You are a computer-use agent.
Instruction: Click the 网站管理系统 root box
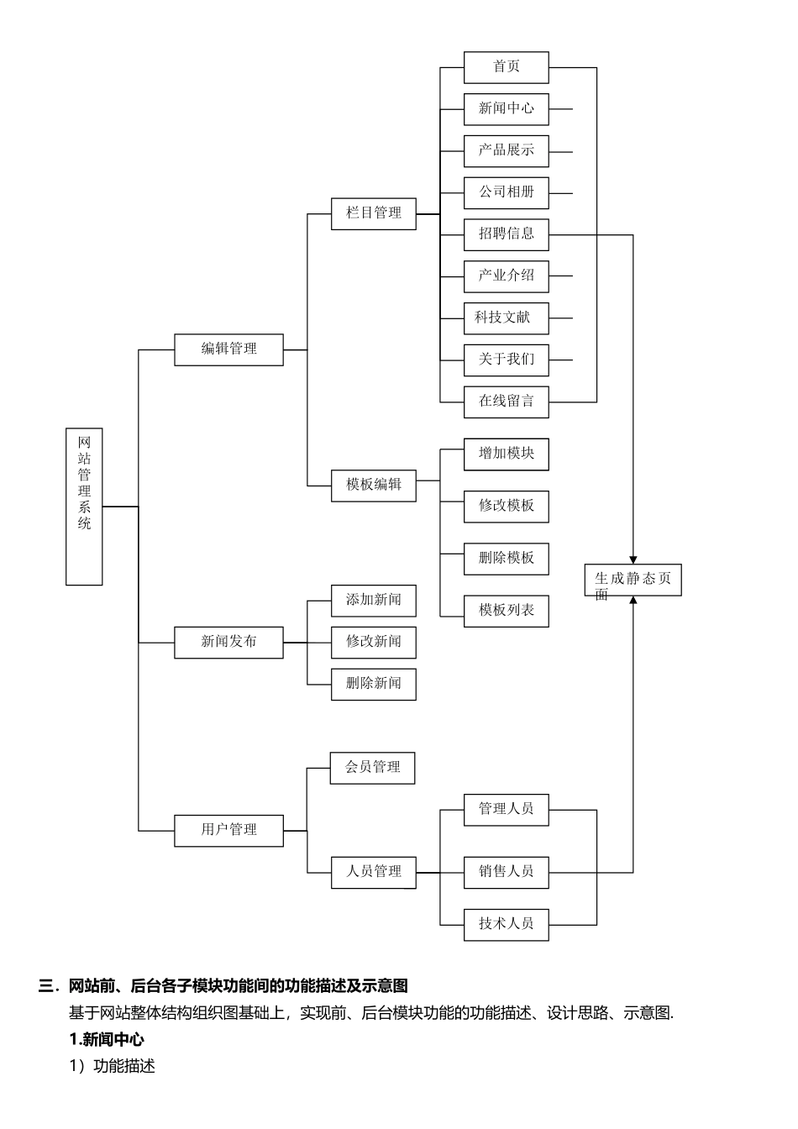coord(84,507)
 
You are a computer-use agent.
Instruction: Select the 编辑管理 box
coord(228,349)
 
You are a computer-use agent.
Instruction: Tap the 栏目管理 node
coord(373,213)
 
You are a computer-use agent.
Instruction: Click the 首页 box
coord(506,67)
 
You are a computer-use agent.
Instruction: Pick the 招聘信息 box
coord(506,234)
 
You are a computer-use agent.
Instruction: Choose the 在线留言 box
coord(506,402)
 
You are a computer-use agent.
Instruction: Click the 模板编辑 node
coord(373,486)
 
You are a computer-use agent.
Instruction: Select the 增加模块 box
coord(506,454)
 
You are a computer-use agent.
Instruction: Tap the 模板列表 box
coord(506,611)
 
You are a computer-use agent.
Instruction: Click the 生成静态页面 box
coord(633,580)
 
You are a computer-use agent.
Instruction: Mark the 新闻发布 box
coord(228,643)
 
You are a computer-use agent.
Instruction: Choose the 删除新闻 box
coord(373,684)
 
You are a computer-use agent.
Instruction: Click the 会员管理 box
coord(373,768)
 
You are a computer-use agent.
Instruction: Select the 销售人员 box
coord(506,872)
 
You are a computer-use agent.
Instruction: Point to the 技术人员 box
coord(506,924)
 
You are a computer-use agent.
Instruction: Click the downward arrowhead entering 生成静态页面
coord(633,559)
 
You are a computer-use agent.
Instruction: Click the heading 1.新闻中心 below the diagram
coord(107,1040)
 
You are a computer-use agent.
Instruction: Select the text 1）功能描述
coord(113,1067)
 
